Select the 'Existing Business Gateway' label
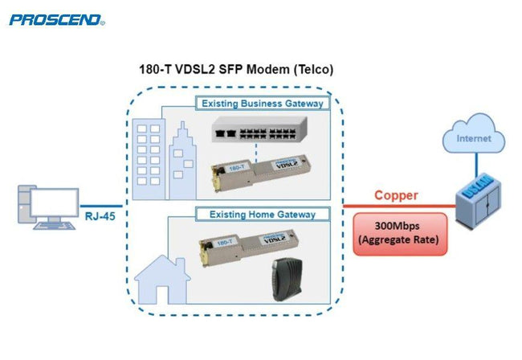point(262,104)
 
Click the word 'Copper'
point(394,194)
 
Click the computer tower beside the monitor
point(24,205)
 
